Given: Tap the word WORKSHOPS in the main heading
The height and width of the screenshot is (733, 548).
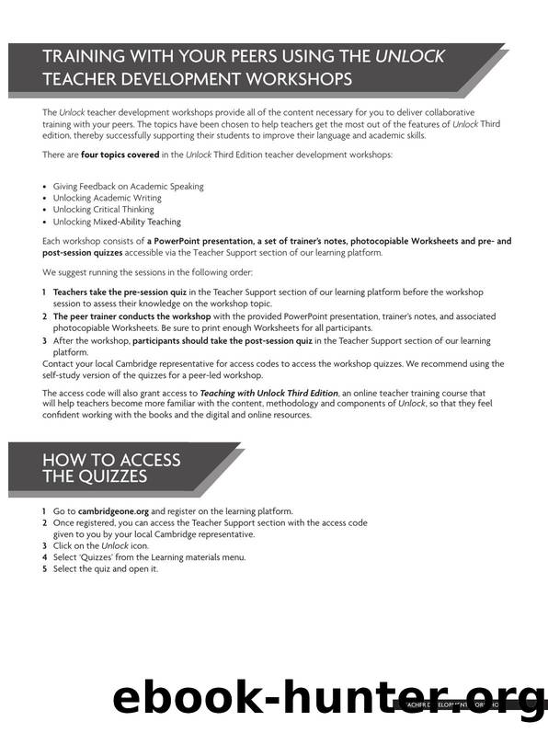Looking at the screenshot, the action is point(289,79).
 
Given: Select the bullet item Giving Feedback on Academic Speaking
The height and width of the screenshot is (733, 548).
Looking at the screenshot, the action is point(128,186).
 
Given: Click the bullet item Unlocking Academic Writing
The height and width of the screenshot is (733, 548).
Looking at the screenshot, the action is point(107,198).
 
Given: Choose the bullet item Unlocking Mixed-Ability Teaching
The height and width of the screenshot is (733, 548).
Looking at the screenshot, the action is point(117,222).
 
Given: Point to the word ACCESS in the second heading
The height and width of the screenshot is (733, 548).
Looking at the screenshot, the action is point(145,460).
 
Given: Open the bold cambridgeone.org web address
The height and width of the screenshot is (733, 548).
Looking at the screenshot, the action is point(120,510).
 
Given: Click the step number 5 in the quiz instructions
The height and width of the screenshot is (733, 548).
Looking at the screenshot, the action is point(44,568).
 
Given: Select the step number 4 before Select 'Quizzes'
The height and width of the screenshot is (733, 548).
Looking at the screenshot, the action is point(44,557).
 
